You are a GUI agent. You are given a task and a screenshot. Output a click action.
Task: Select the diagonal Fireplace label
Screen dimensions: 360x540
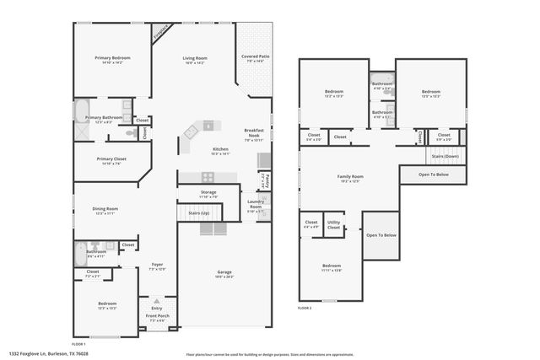pyautogui.click(x=161, y=32)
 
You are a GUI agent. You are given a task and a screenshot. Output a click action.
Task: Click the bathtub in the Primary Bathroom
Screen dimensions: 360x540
pyautogui.click(x=84, y=112)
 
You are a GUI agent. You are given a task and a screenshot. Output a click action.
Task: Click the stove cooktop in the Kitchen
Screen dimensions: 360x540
pyautogui.click(x=208, y=176)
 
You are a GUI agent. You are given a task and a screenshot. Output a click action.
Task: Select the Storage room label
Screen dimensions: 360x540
pyautogui.click(x=208, y=192)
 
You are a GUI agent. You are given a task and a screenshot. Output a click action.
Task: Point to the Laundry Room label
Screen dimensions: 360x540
pyautogui.click(x=256, y=203)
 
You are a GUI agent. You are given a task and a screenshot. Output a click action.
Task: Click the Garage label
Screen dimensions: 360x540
pyautogui.click(x=224, y=271)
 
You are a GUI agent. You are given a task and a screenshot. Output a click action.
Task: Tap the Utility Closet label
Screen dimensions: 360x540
pyautogui.click(x=334, y=226)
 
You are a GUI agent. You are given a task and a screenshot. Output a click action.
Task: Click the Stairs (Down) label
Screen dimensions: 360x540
pyautogui.click(x=445, y=156)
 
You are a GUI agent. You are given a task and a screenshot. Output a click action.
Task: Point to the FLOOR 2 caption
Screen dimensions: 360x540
pyautogui.click(x=305, y=309)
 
